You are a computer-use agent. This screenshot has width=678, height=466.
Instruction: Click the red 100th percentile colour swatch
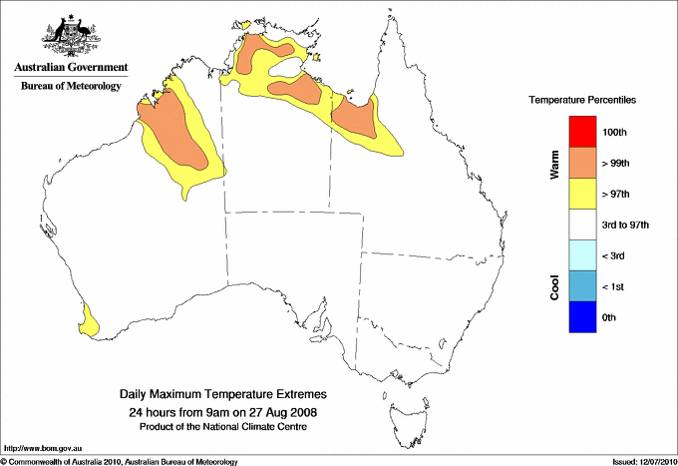tap(581, 132)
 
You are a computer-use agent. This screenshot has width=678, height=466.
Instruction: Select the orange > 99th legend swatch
tap(581, 163)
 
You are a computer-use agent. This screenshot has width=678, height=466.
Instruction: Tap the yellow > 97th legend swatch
tap(581, 194)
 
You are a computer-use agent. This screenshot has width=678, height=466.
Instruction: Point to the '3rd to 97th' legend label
tap(626, 226)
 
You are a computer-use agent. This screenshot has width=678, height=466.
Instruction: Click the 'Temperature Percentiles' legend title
tap(582, 102)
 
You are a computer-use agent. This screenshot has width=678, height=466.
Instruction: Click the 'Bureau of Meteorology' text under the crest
tap(71, 87)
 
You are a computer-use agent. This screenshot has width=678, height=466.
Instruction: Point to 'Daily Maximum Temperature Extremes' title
tap(223, 395)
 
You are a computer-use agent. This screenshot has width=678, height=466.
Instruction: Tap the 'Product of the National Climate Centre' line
tap(223, 426)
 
